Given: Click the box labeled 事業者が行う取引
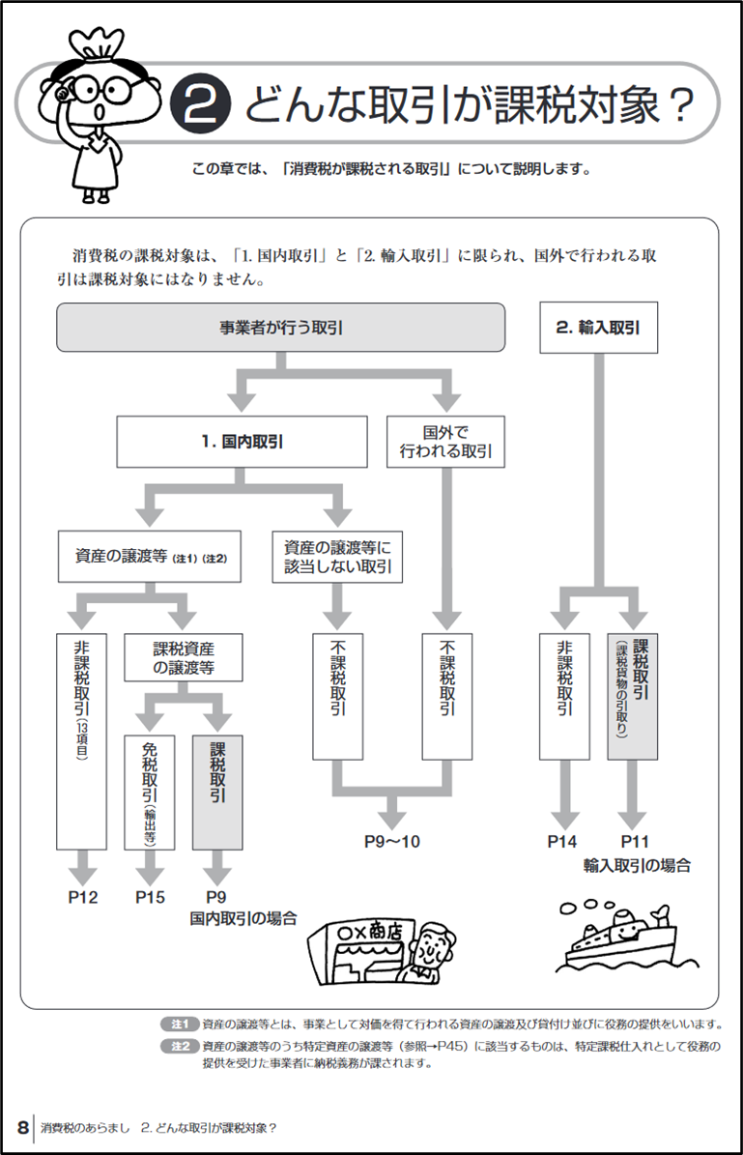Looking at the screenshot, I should point(281,328).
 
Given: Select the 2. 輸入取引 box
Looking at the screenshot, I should point(598,328).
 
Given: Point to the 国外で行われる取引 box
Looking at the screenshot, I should point(445,441).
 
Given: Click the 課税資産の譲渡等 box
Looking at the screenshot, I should point(184,658).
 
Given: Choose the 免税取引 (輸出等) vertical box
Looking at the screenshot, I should point(150,793).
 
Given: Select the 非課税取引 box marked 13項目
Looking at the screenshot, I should point(82,740).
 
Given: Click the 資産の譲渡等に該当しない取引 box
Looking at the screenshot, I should point(336,558).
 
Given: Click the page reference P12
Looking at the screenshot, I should point(83,897).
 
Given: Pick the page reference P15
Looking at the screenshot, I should point(150,897).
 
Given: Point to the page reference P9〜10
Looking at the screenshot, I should point(392,841).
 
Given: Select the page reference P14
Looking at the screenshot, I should point(562,841).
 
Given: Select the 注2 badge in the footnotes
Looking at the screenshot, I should point(180,1046).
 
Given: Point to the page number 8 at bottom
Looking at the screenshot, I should point(21,1128).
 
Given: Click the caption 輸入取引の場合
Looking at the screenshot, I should point(637,865).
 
